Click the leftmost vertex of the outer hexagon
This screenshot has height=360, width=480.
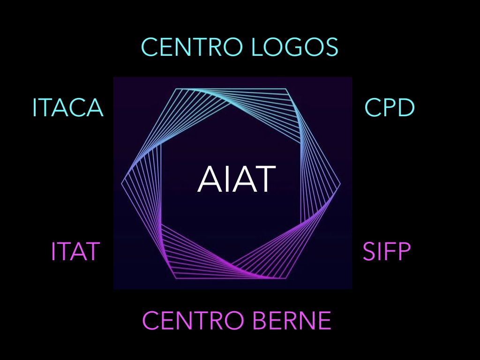(x=121, y=184)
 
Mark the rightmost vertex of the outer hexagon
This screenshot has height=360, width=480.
(x=340, y=184)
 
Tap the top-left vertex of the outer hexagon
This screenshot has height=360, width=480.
(x=176, y=89)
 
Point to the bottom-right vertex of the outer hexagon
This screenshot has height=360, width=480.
(x=286, y=278)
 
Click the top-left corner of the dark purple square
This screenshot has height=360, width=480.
(x=113, y=77)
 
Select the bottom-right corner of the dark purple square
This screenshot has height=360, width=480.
(x=352, y=289)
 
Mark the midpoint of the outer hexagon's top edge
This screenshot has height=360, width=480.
(x=231, y=89)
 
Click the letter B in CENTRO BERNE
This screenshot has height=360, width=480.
(x=261, y=320)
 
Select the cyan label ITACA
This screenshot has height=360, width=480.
(x=68, y=107)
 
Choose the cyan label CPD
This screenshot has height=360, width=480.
(x=390, y=107)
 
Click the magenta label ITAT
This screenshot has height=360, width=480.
(x=75, y=251)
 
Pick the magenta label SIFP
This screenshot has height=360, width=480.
(x=386, y=251)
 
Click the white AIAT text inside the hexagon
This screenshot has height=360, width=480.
(x=236, y=179)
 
